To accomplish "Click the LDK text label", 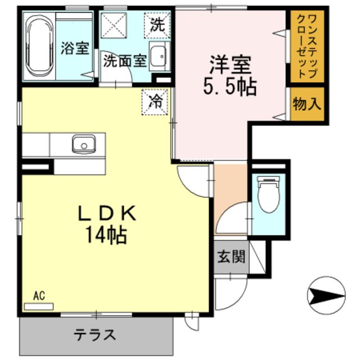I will click(x=107, y=213).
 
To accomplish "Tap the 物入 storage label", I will click(x=308, y=104).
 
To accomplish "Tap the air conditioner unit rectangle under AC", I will click(x=39, y=307).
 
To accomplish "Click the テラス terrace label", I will click(x=94, y=335).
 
